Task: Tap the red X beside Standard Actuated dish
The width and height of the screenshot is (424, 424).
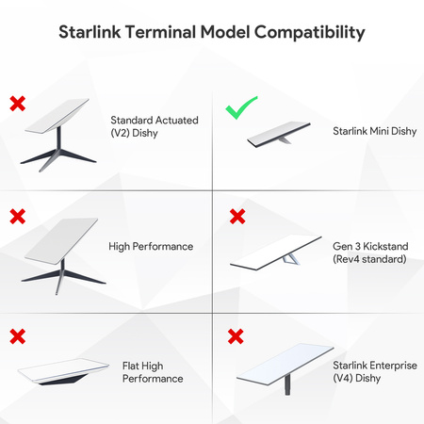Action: click(x=18, y=102)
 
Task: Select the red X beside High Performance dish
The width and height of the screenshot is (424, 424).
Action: click(x=18, y=218)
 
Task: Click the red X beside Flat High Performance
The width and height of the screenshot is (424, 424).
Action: click(x=18, y=335)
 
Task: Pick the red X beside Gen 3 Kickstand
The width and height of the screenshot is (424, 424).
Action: click(x=236, y=218)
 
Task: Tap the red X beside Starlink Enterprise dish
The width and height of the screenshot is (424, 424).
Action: click(x=236, y=335)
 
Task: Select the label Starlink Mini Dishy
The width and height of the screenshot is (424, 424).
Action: click(x=369, y=134)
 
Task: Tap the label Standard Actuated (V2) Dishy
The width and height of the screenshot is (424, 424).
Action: click(x=149, y=127)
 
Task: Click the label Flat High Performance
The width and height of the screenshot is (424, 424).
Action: click(x=153, y=370)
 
